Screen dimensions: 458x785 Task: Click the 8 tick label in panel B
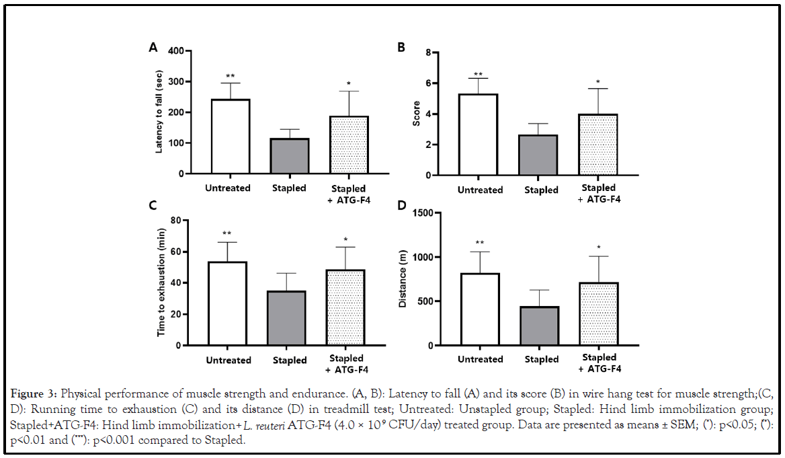437,52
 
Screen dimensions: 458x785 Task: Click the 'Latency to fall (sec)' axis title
159,112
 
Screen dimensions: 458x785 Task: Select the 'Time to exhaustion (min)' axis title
161,282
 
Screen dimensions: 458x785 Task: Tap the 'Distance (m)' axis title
403,279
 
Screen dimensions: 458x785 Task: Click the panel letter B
401,48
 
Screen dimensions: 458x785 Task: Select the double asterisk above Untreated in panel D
480,243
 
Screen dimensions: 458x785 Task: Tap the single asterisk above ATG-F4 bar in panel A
348,84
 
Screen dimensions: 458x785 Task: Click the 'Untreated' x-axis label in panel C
229,360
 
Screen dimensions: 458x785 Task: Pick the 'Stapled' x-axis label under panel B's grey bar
541,190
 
